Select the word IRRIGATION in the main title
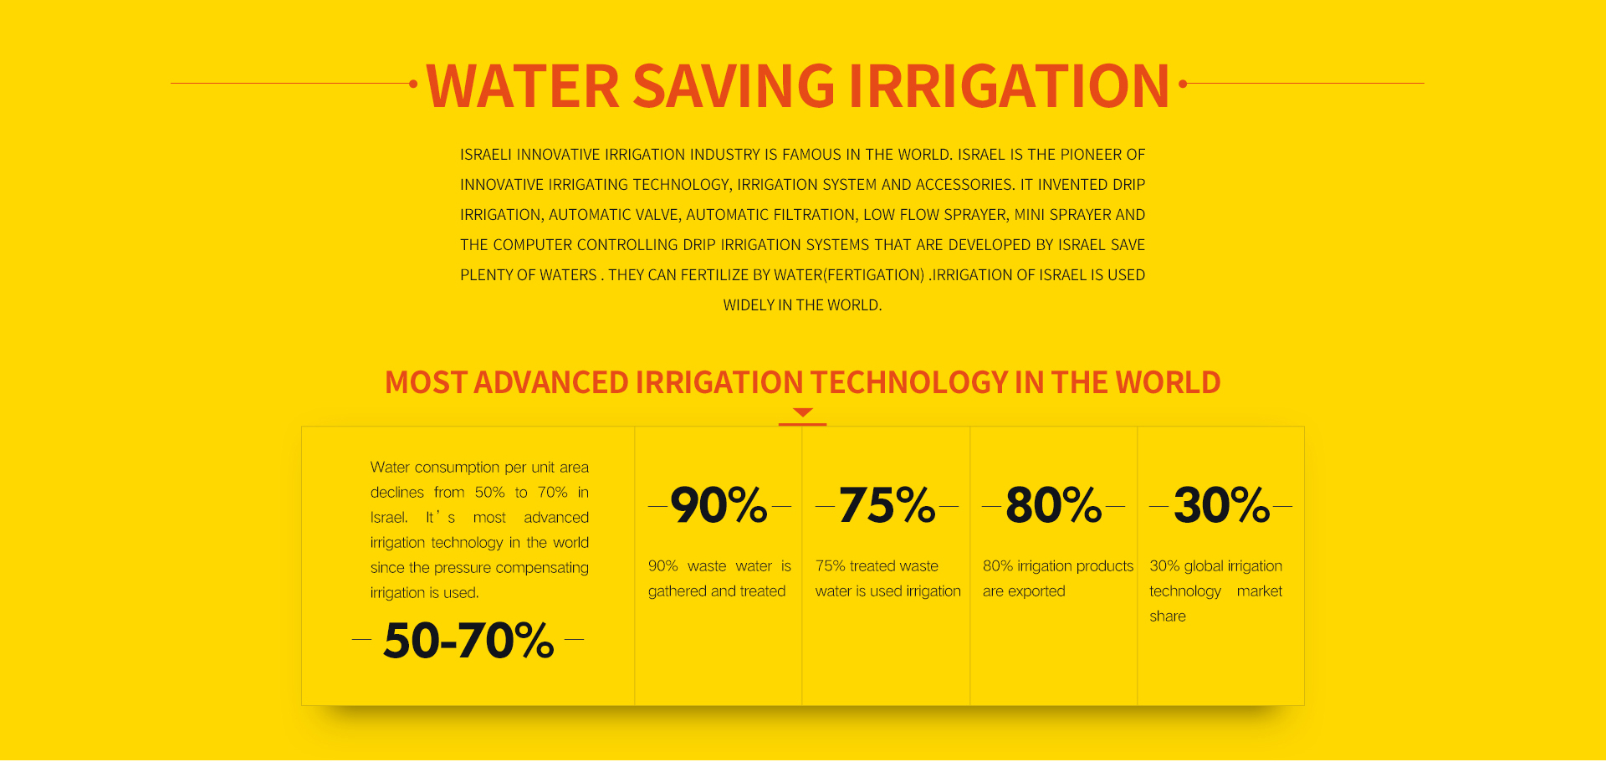point(1009,86)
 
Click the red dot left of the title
point(413,84)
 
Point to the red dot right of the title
point(1183,84)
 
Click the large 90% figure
point(719,505)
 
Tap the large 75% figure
point(887,505)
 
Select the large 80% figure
point(1054,505)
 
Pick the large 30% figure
point(1222,505)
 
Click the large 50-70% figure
point(468,641)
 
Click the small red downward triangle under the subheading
point(803,412)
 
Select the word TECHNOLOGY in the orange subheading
point(909,382)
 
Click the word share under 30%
point(1168,616)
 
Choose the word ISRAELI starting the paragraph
point(486,155)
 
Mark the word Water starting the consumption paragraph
point(390,467)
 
